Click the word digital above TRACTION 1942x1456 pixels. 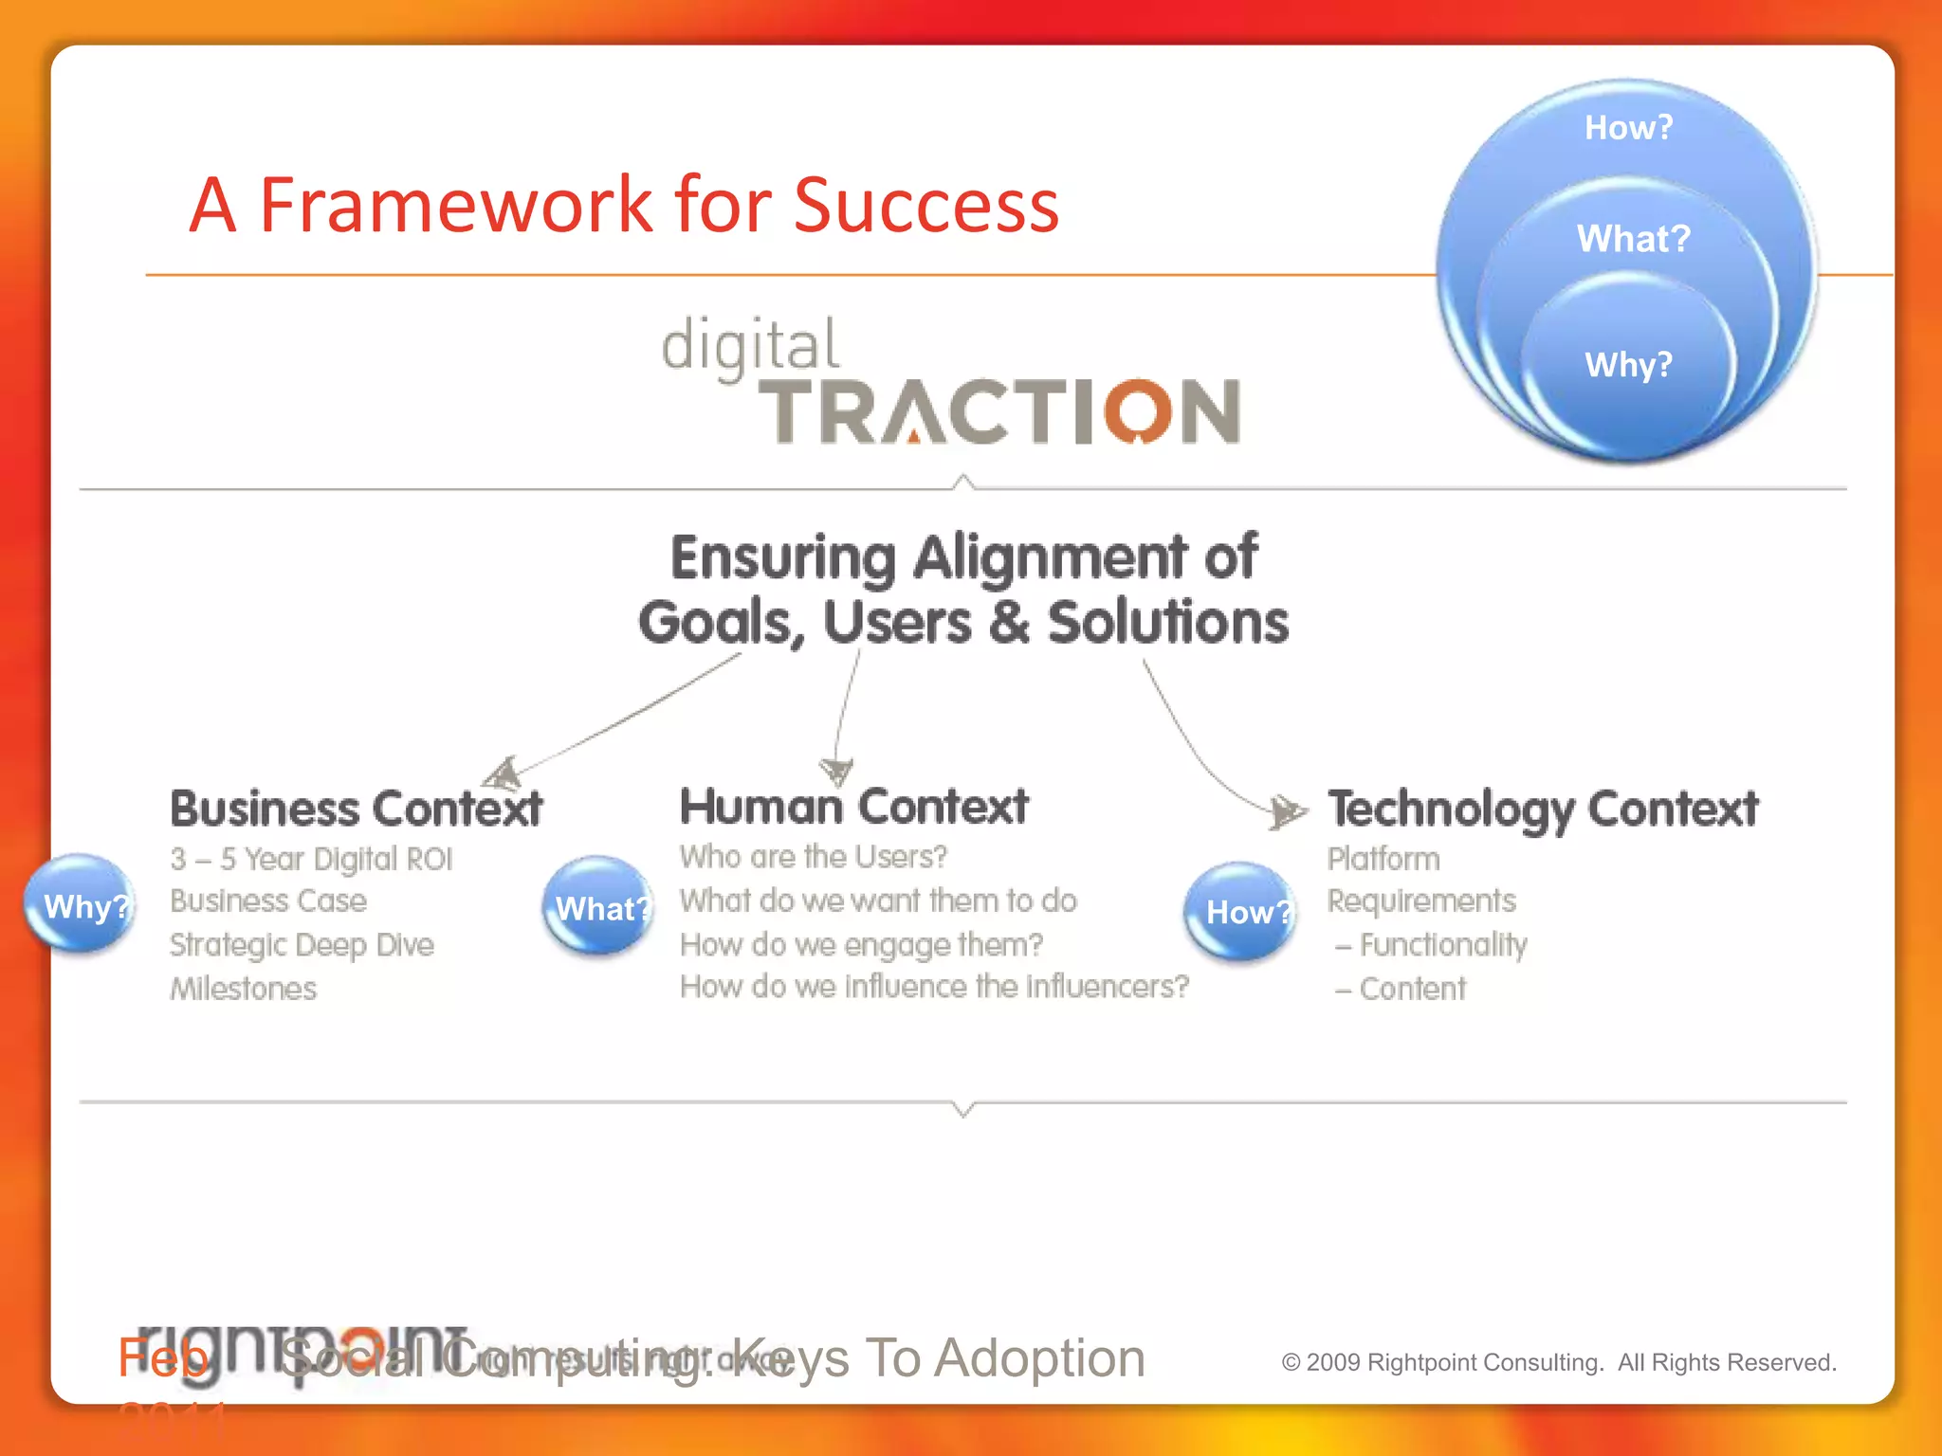point(750,345)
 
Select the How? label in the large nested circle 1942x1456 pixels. point(1628,127)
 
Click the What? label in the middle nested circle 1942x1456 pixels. point(1633,238)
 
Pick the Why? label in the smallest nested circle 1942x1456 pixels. point(1628,364)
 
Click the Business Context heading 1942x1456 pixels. point(356,809)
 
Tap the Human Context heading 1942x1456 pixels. point(853,807)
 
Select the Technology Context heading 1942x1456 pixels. point(1542,810)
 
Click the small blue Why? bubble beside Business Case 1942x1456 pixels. point(82,904)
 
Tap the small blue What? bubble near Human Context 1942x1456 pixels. point(599,907)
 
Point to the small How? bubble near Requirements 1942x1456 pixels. point(1243,911)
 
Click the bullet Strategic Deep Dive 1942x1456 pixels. point(302,944)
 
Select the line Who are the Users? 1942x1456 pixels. point(813,857)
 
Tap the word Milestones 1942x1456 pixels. point(243,989)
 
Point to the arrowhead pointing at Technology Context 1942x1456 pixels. point(1287,810)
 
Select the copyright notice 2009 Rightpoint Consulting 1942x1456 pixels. point(1558,1362)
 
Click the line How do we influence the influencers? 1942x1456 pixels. point(934,987)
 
